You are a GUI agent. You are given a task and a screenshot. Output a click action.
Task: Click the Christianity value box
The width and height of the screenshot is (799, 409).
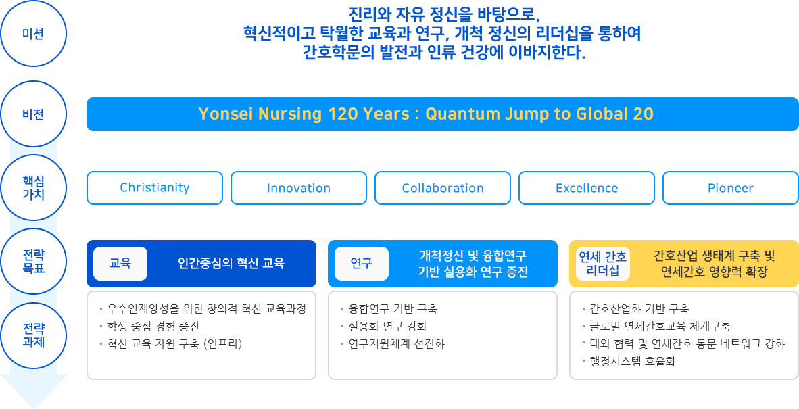(155, 188)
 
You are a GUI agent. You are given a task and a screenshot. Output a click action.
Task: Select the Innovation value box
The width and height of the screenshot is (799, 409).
(299, 188)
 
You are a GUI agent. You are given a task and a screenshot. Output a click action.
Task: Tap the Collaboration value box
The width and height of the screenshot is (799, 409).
(443, 188)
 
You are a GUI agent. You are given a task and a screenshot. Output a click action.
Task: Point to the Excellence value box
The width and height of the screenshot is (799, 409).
(587, 188)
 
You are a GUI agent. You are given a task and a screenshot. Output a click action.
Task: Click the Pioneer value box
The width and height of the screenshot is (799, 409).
(731, 188)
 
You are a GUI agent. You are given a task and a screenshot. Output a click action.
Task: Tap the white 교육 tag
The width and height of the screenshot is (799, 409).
(120, 264)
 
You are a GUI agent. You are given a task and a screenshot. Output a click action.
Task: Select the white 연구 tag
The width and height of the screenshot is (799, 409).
(361, 264)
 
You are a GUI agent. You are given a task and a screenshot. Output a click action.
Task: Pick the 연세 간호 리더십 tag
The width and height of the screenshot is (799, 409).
(603, 264)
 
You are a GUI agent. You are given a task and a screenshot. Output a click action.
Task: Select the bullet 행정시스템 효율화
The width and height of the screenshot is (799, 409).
(629, 362)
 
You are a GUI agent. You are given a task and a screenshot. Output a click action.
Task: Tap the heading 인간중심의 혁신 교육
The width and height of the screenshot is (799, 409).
(231, 264)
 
